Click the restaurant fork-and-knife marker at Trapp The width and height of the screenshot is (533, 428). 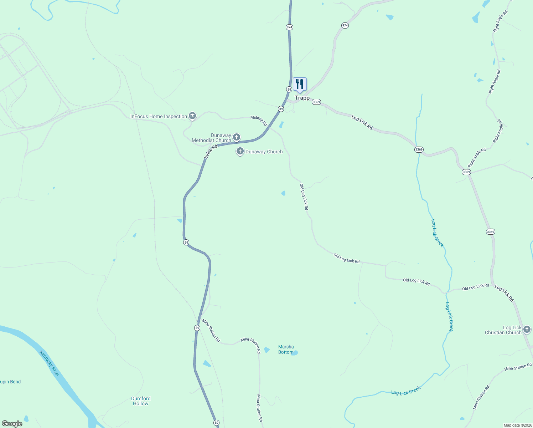coord(300,85)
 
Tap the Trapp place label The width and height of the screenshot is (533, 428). coord(302,98)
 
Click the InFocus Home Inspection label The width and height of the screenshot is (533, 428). coord(159,116)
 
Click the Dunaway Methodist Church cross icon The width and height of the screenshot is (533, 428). coord(236,137)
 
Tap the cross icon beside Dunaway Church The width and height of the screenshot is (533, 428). coord(240,151)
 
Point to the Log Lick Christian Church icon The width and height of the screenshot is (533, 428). coord(527,330)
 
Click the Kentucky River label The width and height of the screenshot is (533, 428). coord(50,363)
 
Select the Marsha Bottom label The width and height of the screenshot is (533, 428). coord(286,349)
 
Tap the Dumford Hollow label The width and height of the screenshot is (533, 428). coord(141,401)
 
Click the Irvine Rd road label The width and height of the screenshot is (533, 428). coord(211,152)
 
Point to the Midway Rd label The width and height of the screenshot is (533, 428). coord(259,120)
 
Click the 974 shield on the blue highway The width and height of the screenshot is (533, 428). coord(289,27)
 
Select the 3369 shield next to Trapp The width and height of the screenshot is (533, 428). coord(316,102)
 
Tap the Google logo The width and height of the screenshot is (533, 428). coord(12,424)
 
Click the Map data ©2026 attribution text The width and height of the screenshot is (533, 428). coord(517,425)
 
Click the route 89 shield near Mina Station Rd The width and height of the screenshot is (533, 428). coord(197,328)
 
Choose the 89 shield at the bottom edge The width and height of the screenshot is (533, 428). coord(216,423)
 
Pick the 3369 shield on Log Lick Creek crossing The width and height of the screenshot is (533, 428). coord(419,149)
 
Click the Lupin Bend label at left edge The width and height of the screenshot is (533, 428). coord(10,382)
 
